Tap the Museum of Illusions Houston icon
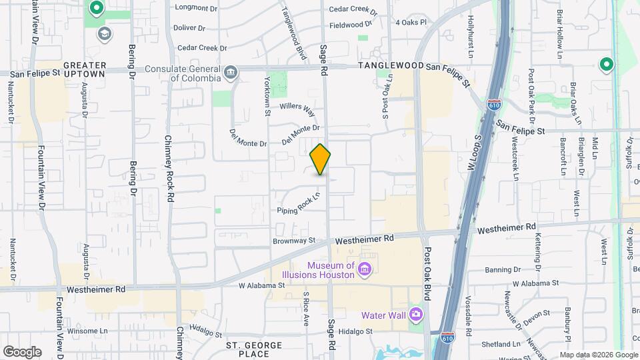point(364,269)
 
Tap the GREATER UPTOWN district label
point(84,70)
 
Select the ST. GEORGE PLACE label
point(254,350)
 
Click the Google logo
point(21,351)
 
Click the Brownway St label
point(293,240)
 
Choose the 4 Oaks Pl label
point(410,22)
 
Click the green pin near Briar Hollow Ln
point(606,65)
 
